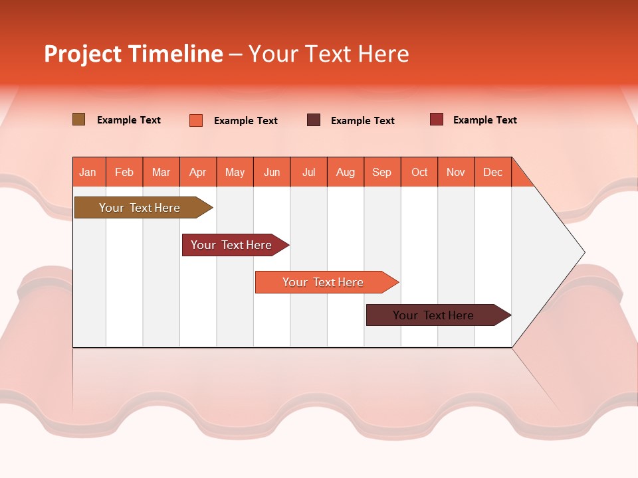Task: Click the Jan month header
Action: coord(88,172)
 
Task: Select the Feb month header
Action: coord(124,172)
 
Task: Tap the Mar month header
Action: coord(161,172)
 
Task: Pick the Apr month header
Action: coord(198,172)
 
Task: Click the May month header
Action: coord(235,172)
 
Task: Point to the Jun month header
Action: coord(272,172)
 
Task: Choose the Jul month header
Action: coord(308,172)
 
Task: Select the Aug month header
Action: coord(345,172)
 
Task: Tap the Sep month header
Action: coord(382,172)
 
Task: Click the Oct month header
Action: coord(419,172)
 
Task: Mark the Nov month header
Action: coord(456,172)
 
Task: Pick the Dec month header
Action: coord(493,172)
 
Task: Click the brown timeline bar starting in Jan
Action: coord(140,208)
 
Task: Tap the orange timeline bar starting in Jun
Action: coord(324,282)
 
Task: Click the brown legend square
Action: coord(79,119)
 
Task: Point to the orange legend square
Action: coord(196,120)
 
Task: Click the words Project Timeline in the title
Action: coord(133,54)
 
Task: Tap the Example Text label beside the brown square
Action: coord(129,120)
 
